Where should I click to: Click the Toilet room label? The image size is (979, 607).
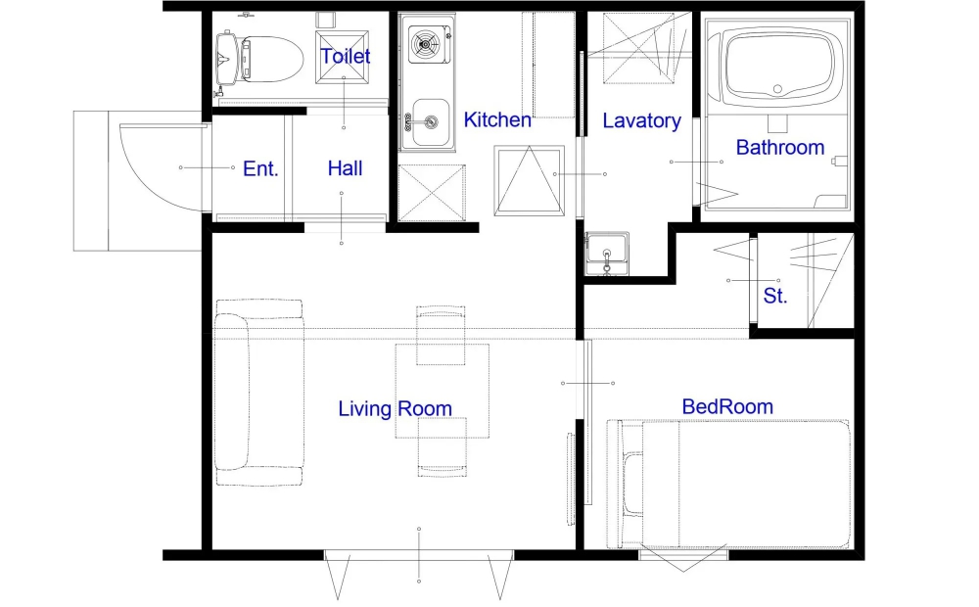346,56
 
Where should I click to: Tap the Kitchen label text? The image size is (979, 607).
497,119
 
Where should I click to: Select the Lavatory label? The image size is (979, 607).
641,120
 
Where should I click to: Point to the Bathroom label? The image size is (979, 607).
780,148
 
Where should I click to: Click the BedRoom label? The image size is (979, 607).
727,406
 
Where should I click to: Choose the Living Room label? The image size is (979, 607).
395,408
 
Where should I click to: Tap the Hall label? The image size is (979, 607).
345,168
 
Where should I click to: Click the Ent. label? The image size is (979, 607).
260,168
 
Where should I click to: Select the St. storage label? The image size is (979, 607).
774,296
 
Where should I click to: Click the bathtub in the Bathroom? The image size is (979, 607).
777,66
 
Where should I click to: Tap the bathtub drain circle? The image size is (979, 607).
777,89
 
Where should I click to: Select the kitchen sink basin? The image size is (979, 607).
430,121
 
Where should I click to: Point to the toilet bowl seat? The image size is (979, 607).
271,60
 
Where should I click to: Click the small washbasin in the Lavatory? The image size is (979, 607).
606,254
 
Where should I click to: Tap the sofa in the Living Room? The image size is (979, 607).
259,393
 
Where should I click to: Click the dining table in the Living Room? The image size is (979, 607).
443,391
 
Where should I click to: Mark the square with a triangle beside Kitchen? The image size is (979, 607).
529,180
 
